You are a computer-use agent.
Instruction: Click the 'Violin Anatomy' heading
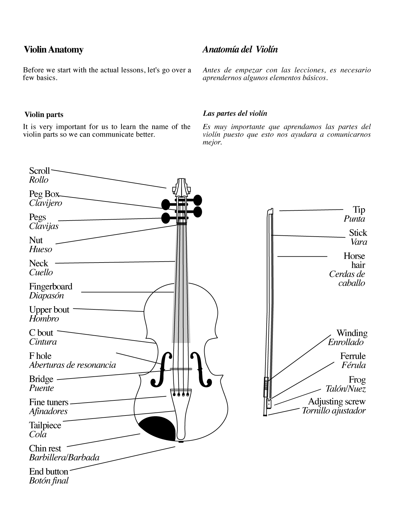53,50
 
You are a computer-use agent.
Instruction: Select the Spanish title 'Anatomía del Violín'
240,50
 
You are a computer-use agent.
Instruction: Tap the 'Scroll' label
39,171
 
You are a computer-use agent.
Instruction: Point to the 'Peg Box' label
44,194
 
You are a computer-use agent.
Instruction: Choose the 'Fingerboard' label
51,286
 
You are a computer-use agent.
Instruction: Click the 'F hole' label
40,356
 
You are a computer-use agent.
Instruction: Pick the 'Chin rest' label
45,448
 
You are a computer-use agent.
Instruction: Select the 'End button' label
49,471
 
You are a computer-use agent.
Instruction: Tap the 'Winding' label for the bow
352,333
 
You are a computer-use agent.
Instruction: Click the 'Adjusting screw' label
337,402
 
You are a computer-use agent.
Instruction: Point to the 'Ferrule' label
353,356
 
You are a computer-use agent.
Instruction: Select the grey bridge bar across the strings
181,369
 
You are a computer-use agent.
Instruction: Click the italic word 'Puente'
41,388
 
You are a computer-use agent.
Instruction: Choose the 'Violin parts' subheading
44,115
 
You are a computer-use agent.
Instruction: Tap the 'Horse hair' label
354,260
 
